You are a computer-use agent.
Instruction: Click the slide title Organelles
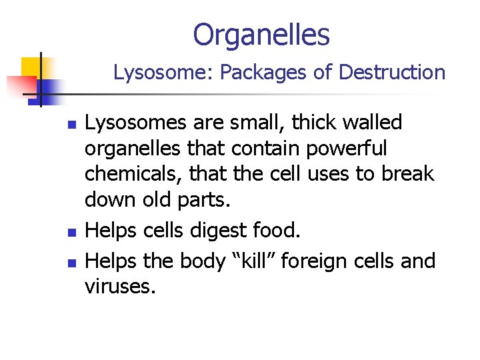tap(261, 35)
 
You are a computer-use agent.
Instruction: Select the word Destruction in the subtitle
tap(392, 73)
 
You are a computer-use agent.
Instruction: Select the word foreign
tap(316, 261)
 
